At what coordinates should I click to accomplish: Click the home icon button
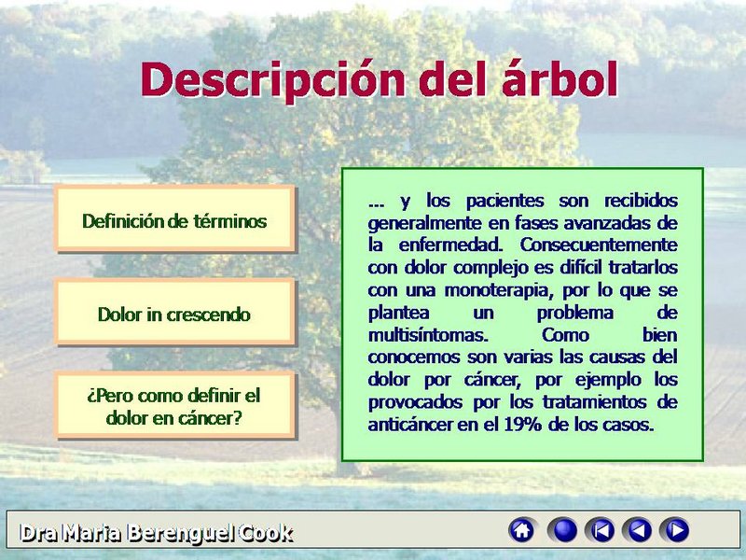522,530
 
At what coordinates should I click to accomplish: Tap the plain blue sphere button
562,530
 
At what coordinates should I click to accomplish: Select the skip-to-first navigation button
600,530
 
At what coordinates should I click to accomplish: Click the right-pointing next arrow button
674,530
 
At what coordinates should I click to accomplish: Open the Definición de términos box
174,218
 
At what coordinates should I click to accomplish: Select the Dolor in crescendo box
174,312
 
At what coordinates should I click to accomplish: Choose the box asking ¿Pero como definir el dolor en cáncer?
174,405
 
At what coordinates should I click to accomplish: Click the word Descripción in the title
272,80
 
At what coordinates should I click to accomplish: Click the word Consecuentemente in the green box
599,245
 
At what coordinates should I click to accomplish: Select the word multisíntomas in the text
428,335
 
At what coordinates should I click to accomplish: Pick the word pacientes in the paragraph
504,201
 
